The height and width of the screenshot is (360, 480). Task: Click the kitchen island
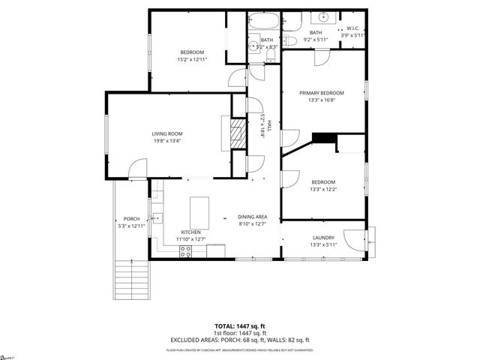tap(199, 207)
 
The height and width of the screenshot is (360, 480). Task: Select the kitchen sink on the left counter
tap(157, 219)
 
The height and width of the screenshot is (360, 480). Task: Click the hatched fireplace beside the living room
tap(237, 136)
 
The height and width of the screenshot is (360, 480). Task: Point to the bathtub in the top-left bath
tap(262, 20)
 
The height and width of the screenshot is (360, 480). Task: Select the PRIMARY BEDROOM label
tap(322, 93)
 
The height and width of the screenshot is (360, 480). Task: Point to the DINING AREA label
tap(252, 216)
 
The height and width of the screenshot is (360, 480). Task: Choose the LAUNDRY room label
tap(323, 238)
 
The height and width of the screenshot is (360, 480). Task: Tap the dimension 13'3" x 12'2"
tap(323, 189)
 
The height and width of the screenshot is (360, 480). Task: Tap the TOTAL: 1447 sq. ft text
tap(240, 325)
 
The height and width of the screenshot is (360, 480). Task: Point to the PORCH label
tap(132, 218)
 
